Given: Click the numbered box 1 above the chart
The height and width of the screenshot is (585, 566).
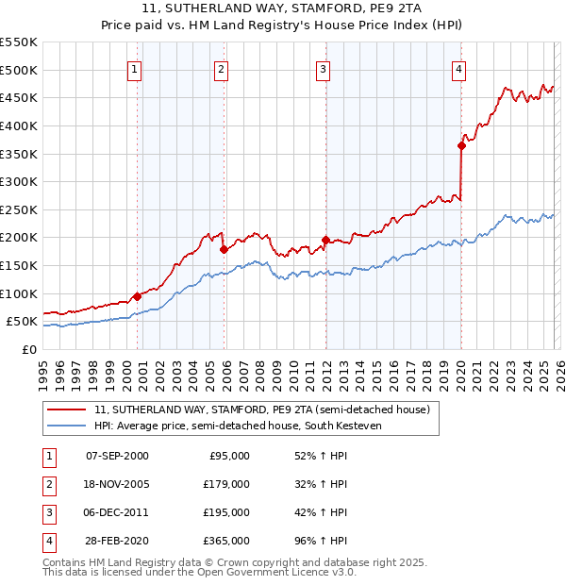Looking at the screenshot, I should pos(134,69).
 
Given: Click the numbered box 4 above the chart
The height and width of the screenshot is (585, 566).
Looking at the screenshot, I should pos(458,69).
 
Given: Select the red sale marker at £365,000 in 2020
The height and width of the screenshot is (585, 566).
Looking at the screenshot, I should pos(461,145).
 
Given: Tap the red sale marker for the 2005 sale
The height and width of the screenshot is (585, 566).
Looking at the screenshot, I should pos(224,249).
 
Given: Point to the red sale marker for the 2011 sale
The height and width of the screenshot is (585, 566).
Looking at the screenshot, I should pos(325,241).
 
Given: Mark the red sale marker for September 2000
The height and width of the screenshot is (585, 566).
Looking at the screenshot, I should pos(137,296).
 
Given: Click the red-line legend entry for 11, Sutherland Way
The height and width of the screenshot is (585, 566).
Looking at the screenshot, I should pos(261,409).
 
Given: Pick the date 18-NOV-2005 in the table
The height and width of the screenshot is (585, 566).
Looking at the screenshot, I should pos(117,484).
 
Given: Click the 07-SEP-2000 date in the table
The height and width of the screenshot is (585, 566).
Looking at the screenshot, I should pos(117,456).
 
